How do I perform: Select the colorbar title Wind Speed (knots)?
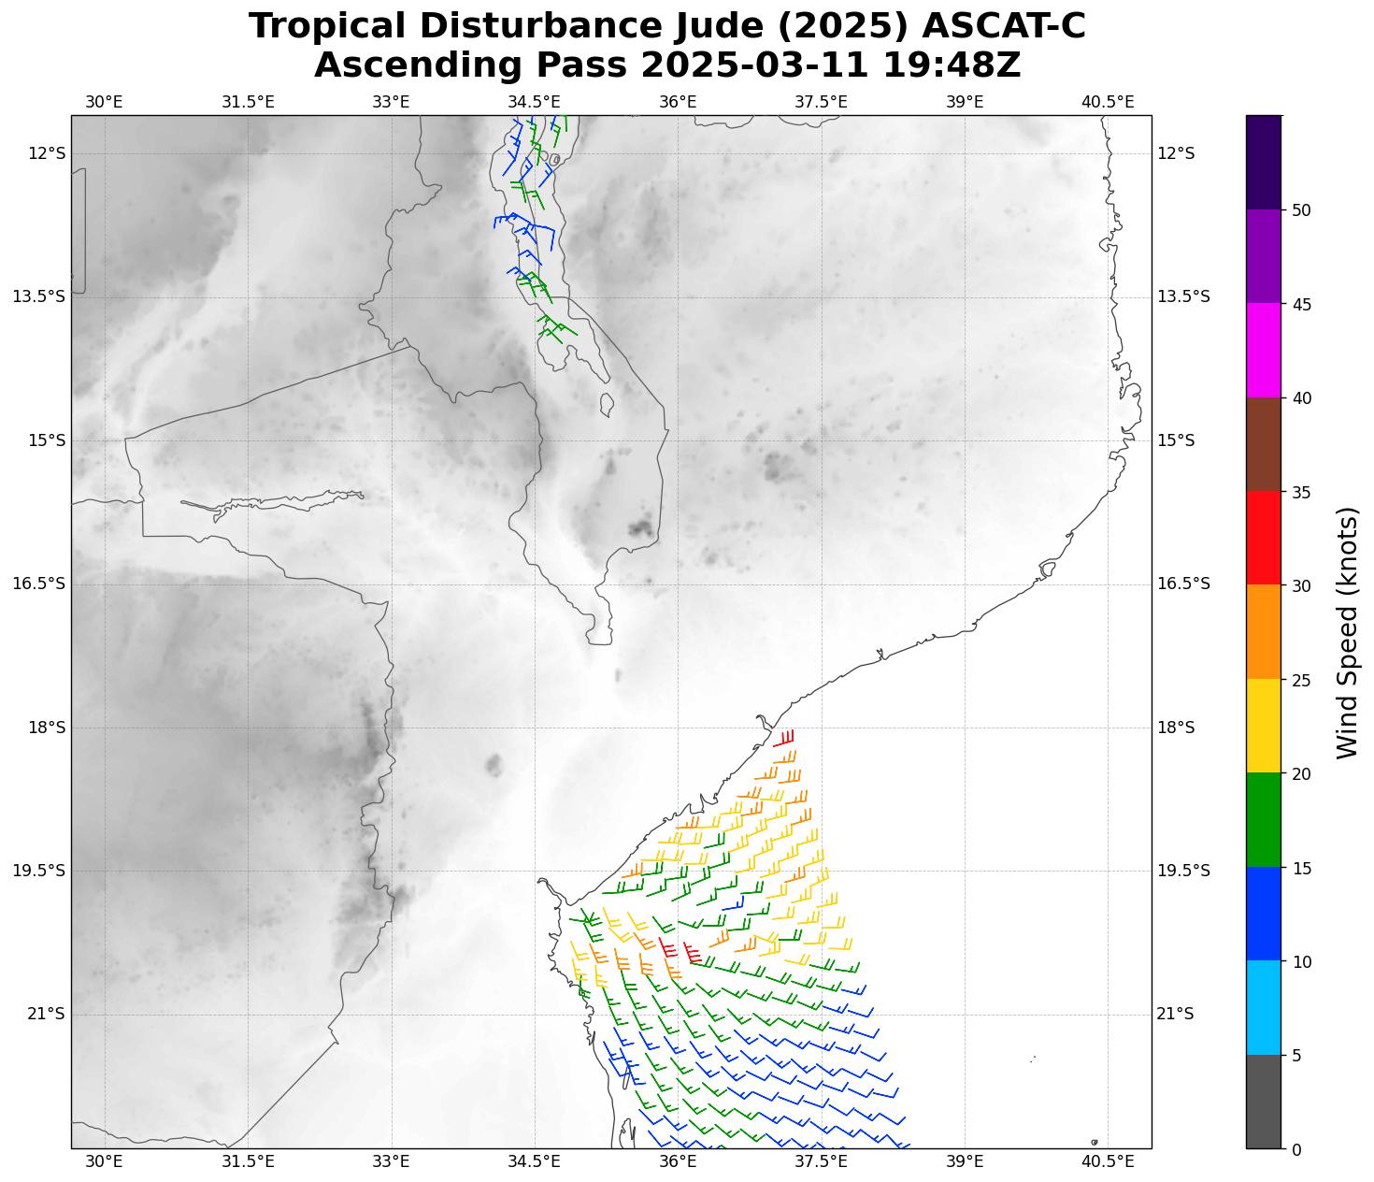click(1347, 632)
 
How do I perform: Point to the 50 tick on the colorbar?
click(1301, 210)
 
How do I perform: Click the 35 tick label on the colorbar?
click(1301, 492)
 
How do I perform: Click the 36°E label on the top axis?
click(678, 101)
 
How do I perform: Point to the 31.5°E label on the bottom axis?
click(248, 1162)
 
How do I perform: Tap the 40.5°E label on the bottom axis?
click(1108, 1162)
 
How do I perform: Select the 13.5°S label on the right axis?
click(1183, 297)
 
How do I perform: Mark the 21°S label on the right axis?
click(1176, 1015)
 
